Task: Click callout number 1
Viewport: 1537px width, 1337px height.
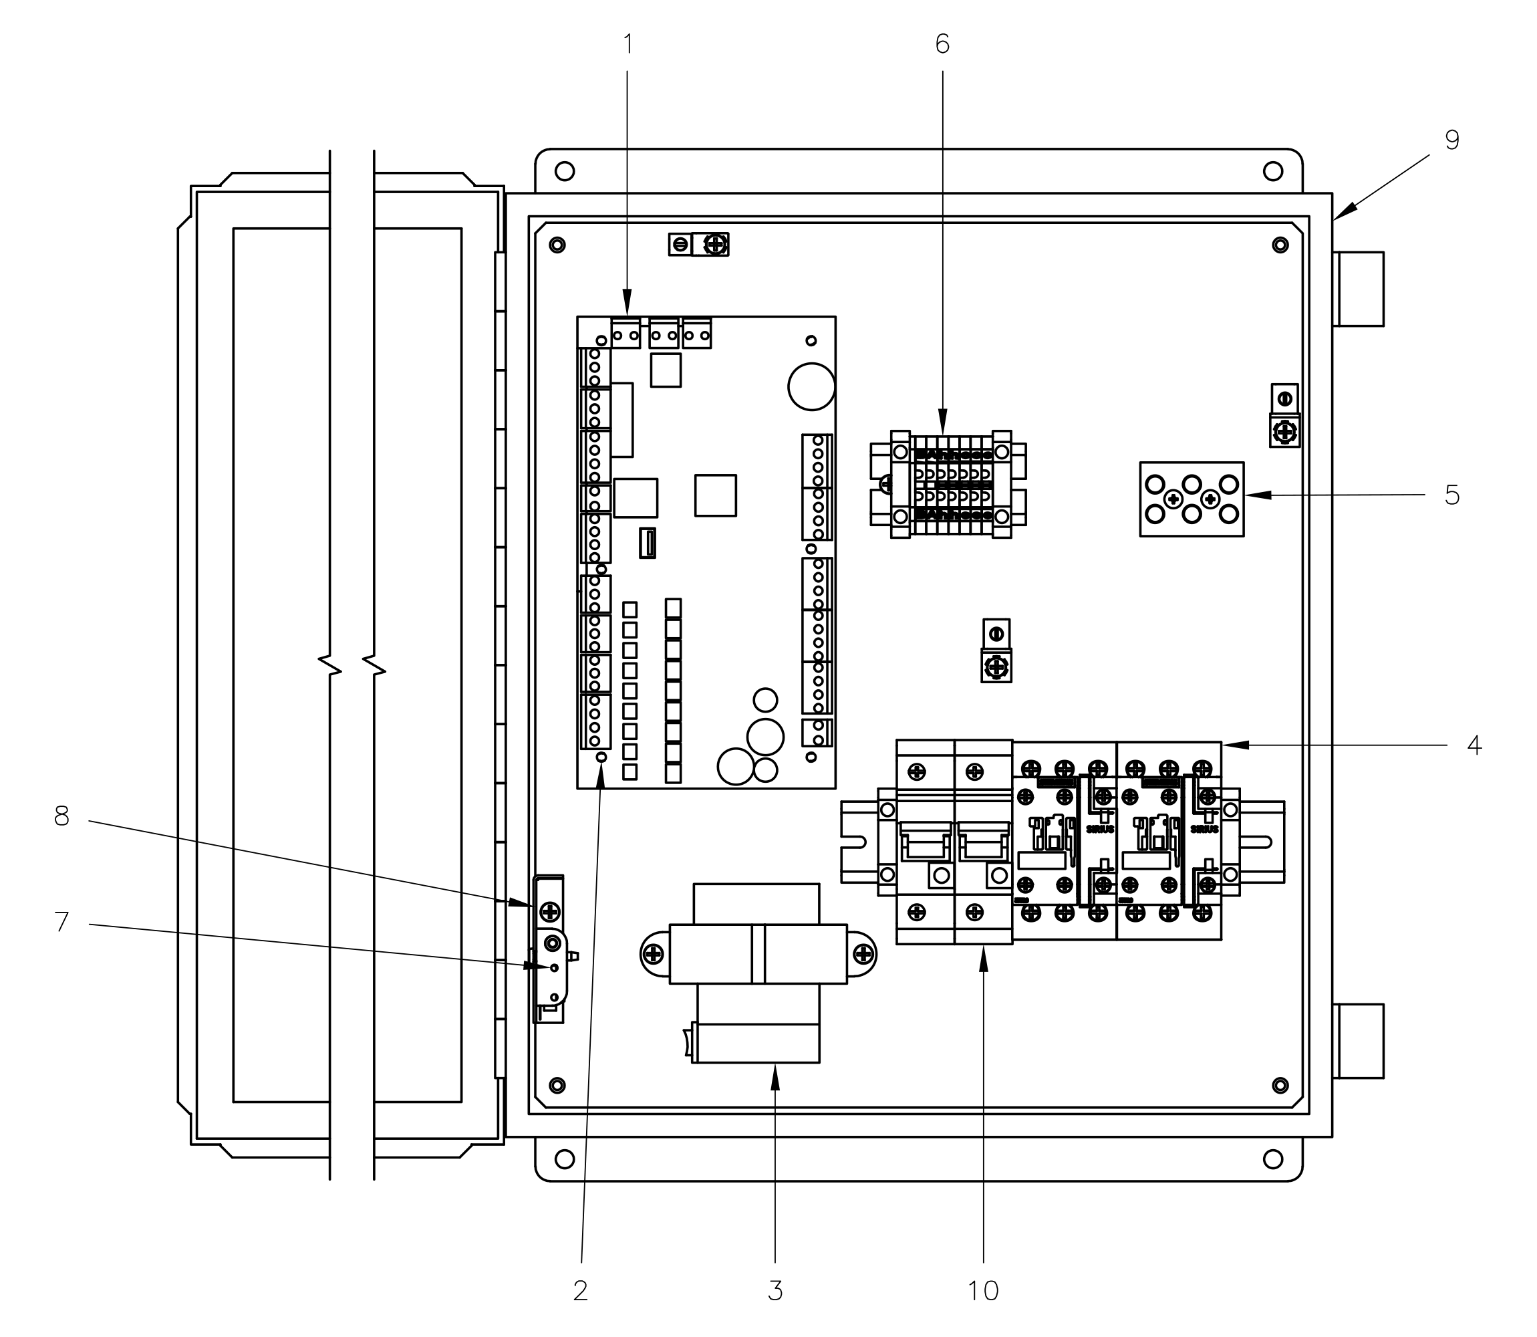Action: [x=627, y=45]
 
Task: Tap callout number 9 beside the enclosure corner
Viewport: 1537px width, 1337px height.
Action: [x=1451, y=140]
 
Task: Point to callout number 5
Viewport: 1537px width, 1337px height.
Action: [x=1451, y=495]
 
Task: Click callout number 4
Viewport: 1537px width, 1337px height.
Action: [x=1474, y=745]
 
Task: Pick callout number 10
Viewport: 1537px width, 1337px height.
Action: [x=983, y=1290]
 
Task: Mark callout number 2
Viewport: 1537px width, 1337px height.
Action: [x=580, y=1290]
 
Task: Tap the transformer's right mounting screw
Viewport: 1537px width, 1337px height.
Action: [x=863, y=953]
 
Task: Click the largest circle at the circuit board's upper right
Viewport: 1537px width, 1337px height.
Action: [x=811, y=386]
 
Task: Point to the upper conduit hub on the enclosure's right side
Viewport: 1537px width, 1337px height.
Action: [x=1359, y=289]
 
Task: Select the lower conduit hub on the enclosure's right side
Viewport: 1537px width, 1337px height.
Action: [x=1359, y=1041]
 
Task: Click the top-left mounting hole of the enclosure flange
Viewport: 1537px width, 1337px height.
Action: [x=565, y=172]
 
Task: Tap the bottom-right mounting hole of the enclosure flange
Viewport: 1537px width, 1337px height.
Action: [x=1273, y=1159]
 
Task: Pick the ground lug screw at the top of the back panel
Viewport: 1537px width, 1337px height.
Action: [x=716, y=244]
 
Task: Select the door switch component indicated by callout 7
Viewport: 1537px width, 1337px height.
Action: [x=553, y=969]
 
